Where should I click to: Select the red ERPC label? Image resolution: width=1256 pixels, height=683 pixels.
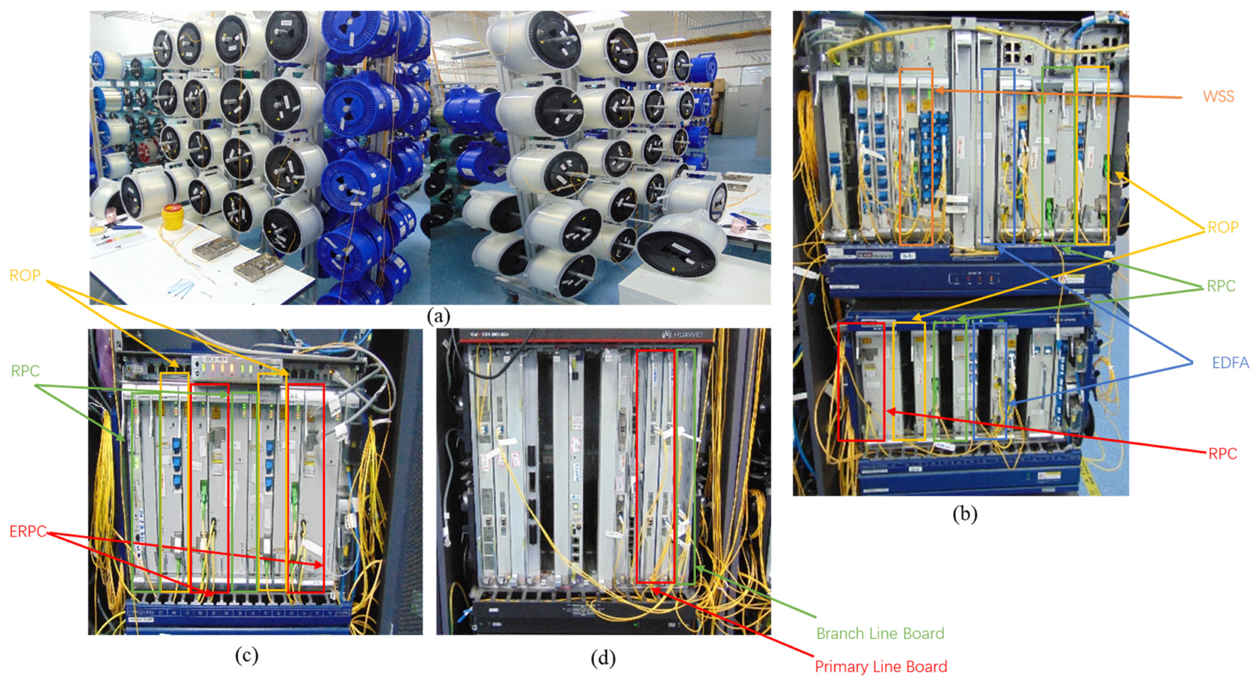click(28, 531)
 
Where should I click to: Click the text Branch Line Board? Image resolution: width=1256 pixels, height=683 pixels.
click(880, 633)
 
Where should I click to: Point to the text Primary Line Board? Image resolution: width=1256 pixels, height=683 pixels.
click(880, 666)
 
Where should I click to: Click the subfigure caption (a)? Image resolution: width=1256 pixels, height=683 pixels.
click(438, 317)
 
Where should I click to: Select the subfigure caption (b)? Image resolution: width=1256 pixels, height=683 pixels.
click(965, 514)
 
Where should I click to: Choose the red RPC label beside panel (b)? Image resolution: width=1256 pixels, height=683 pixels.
click(1222, 454)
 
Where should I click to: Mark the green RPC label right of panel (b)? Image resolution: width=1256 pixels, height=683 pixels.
click(1220, 286)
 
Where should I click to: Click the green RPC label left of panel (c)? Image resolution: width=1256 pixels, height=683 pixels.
click(25, 371)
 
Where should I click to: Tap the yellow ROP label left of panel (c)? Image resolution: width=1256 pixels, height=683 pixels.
click(25, 276)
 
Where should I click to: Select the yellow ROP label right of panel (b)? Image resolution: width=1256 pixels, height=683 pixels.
click(1222, 227)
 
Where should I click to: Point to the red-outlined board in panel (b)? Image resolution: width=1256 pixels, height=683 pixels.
click(860, 382)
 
